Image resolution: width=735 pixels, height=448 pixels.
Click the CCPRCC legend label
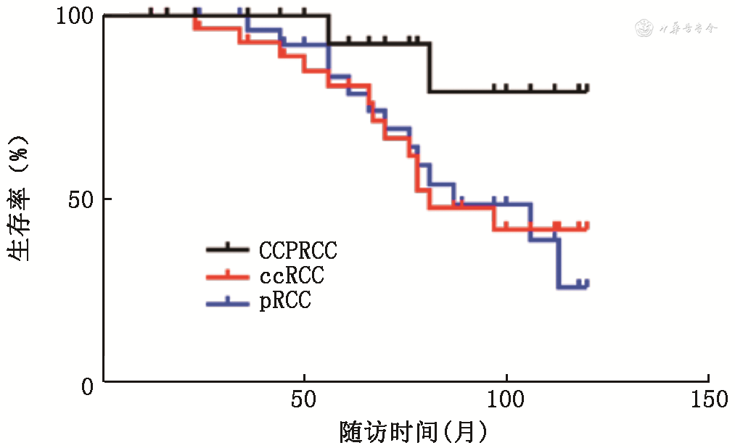[298, 251]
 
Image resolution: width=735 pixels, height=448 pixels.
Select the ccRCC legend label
[291, 276]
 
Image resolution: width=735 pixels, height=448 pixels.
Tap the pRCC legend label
[285, 301]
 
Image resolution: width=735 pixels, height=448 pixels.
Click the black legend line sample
[228, 249]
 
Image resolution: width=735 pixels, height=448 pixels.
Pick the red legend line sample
[228, 275]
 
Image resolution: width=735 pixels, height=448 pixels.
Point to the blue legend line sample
[228, 300]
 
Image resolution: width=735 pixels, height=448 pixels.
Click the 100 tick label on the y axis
[75, 16]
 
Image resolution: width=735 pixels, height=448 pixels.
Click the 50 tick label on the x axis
[304, 399]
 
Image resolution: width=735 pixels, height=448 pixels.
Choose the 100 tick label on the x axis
[505, 399]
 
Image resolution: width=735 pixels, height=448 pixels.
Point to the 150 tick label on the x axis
[707, 399]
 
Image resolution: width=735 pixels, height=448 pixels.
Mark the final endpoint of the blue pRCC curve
[587, 287]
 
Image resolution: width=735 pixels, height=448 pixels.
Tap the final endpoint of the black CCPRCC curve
[587, 91]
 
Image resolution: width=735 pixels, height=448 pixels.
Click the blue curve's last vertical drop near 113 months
[558, 263]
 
